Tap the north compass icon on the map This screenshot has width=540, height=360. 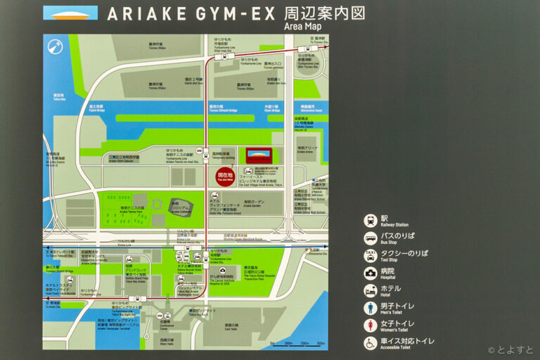coord(54,48)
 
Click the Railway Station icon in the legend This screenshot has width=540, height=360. coord(371,221)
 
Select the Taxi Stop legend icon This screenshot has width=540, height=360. coord(371,255)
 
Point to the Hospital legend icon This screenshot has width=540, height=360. coord(371,274)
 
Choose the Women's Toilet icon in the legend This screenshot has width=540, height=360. coord(371,326)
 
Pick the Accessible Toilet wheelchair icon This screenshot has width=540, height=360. coord(371,343)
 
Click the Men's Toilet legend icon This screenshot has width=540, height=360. coord(371,308)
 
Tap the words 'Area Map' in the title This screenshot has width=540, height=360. coord(302,27)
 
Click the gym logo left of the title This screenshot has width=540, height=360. coord(70,13)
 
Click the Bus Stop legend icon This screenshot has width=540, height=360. coord(371,238)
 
